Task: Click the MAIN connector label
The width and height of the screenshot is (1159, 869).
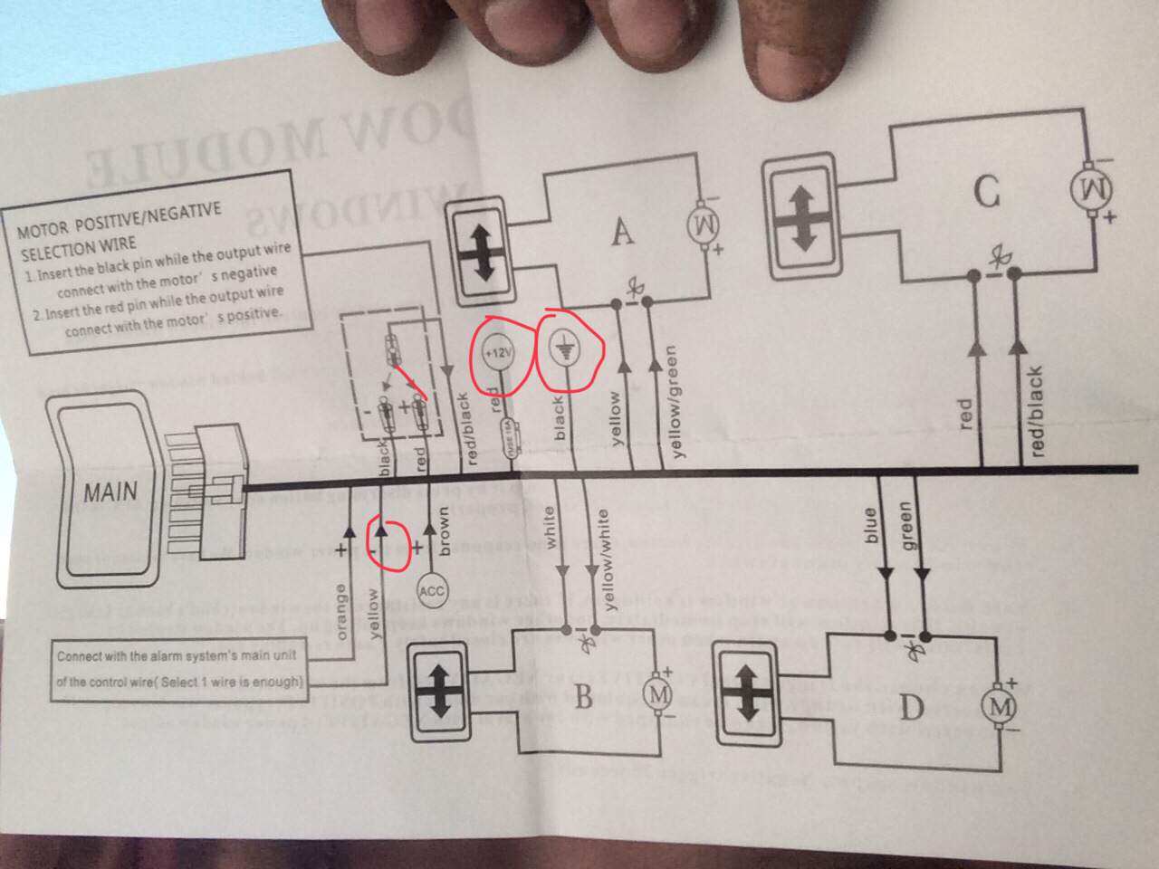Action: pyautogui.click(x=110, y=493)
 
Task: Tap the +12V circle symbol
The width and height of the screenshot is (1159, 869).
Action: pyautogui.click(x=496, y=356)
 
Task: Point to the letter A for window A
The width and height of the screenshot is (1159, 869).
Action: pyautogui.click(x=621, y=233)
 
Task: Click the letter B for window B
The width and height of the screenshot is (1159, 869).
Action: pyautogui.click(x=582, y=698)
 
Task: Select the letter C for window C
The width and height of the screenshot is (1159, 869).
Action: pyautogui.click(x=986, y=193)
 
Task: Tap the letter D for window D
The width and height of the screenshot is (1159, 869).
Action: pyautogui.click(x=911, y=708)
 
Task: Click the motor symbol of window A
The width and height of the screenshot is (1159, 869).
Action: pyautogui.click(x=704, y=221)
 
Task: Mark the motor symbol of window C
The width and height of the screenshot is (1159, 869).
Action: pyautogui.click(x=1088, y=188)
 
